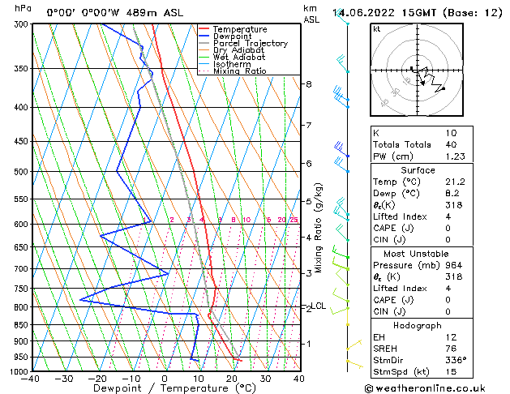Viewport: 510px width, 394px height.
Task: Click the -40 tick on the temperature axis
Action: (31, 378)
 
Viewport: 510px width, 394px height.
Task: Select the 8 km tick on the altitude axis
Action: (308, 84)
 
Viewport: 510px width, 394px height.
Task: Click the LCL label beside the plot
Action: (319, 306)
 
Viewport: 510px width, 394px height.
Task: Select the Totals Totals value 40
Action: (452, 144)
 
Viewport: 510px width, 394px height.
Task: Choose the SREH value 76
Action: (452, 348)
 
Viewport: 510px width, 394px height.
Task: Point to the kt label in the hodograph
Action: (376, 29)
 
